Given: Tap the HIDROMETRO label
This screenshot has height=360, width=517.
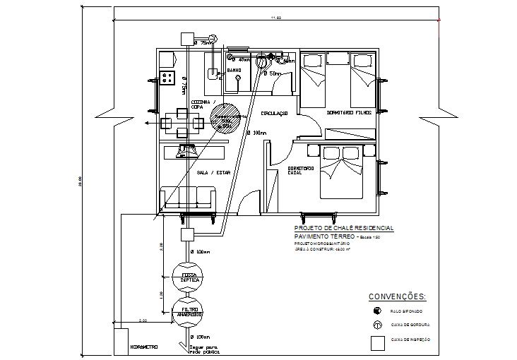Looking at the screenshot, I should pos(144,347).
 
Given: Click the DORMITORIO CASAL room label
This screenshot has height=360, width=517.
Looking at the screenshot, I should pos(300,170).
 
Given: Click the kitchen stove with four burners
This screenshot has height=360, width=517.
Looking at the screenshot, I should pos(167,78).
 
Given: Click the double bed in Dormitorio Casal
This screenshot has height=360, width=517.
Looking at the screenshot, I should pos(343,172).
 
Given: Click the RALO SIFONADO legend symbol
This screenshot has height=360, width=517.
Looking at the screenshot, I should pos(378,311).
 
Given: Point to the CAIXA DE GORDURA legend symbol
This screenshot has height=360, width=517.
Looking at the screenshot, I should pos(378,325).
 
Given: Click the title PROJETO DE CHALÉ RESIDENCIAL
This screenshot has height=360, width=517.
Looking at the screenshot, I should pos(344,229).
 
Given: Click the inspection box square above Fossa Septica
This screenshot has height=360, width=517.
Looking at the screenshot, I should pos(188,235).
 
